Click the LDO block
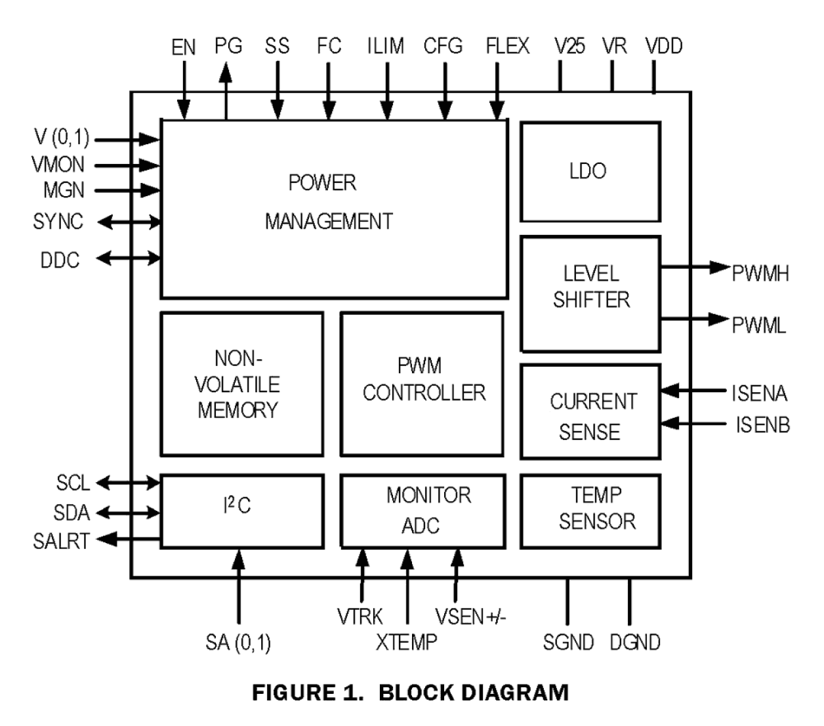click(x=590, y=172)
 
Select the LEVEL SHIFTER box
click(x=590, y=294)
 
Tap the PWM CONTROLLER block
click(x=422, y=384)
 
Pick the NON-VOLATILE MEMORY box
click(x=241, y=384)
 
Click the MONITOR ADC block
click(x=422, y=511)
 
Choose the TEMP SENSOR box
click(x=590, y=511)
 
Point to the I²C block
click(x=241, y=511)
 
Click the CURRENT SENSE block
click(x=590, y=412)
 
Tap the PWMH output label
click(x=760, y=273)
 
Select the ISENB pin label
click(x=762, y=425)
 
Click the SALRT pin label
click(x=61, y=542)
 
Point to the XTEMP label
click(x=406, y=642)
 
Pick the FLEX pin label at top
click(x=507, y=47)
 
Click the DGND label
click(x=634, y=642)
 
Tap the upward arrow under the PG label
click(x=226, y=95)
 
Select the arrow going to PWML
click(x=695, y=319)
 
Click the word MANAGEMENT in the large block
click(x=329, y=222)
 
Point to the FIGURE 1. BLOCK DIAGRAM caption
click(x=410, y=693)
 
